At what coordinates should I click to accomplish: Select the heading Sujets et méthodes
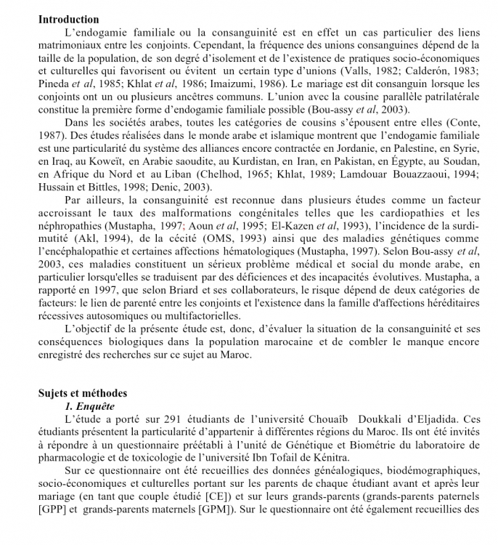pos(82,393)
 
